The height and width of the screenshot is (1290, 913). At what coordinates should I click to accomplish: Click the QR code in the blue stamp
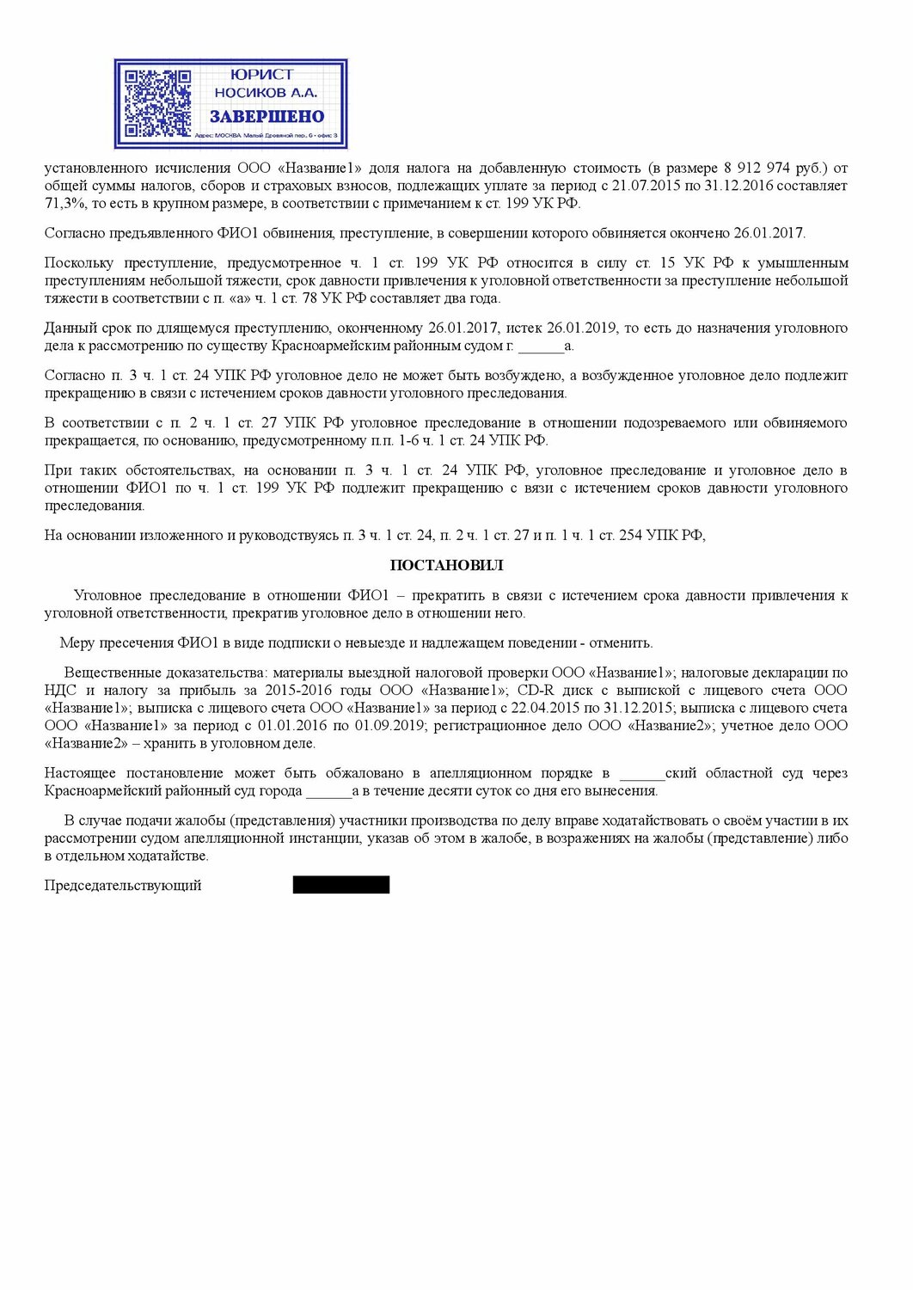click(157, 104)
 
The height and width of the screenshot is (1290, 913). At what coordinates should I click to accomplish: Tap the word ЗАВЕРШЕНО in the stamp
click(267, 117)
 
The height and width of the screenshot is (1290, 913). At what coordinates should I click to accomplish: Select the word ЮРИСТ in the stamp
click(262, 75)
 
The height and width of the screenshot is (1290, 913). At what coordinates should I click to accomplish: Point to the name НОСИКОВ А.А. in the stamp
click(266, 93)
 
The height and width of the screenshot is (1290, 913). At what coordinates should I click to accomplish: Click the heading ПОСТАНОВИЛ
click(446, 565)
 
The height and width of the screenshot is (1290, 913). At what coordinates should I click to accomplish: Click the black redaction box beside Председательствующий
click(340, 885)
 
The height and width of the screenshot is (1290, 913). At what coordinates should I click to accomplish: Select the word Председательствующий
click(123, 885)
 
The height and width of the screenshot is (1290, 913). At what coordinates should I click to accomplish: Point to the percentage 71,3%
click(64, 204)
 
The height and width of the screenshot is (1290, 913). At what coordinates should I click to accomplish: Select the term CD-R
click(536, 690)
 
